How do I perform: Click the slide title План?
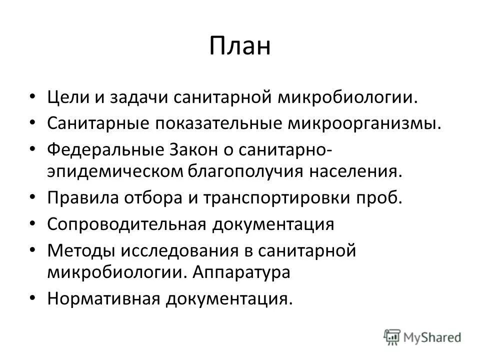click(239, 45)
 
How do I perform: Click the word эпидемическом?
click(114, 171)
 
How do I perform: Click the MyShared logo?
click(422, 337)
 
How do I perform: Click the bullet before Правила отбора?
click(33, 197)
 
